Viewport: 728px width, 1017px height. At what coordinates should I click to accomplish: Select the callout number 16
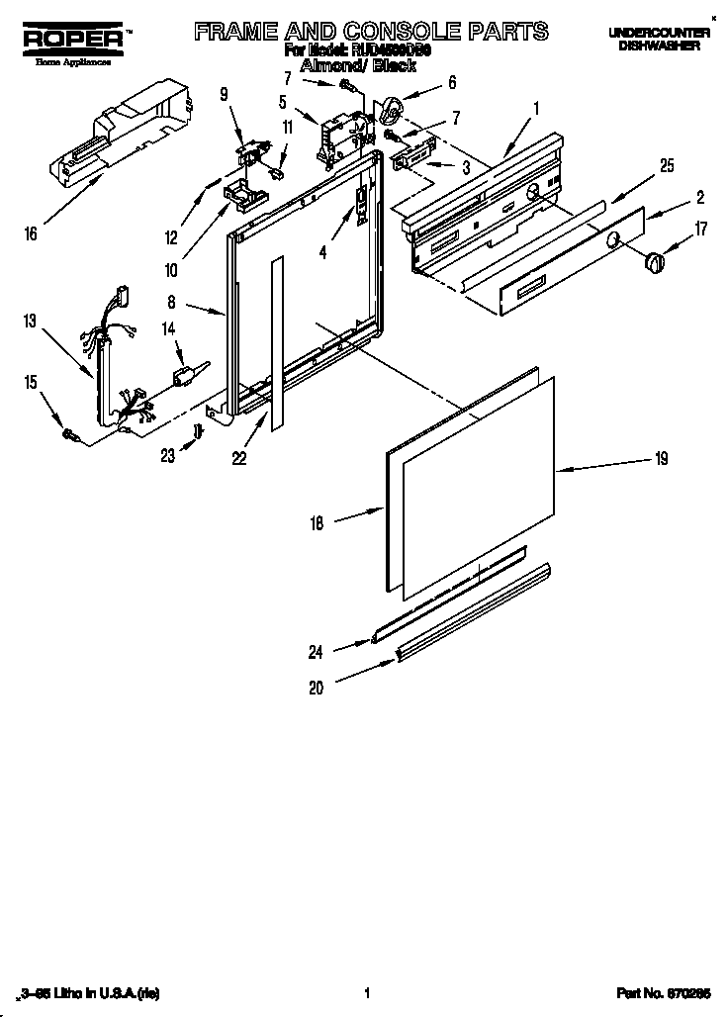click(x=31, y=234)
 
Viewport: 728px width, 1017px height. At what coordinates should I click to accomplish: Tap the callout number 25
click(x=667, y=166)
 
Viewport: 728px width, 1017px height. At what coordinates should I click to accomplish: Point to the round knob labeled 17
click(x=653, y=261)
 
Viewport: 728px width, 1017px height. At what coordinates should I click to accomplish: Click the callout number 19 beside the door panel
click(x=661, y=458)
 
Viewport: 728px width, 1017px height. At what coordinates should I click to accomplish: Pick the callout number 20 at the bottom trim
click(x=316, y=689)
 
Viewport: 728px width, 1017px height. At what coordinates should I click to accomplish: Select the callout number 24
click(x=316, y=651)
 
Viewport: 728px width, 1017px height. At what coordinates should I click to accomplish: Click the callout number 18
click(x=317, y=524)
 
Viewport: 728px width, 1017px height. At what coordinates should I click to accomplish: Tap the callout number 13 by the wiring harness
click(x=31, y=320)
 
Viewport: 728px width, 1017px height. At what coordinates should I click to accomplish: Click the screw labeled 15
click(x=70, y=432)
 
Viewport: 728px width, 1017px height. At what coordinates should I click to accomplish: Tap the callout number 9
click(x=224, y=94)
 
